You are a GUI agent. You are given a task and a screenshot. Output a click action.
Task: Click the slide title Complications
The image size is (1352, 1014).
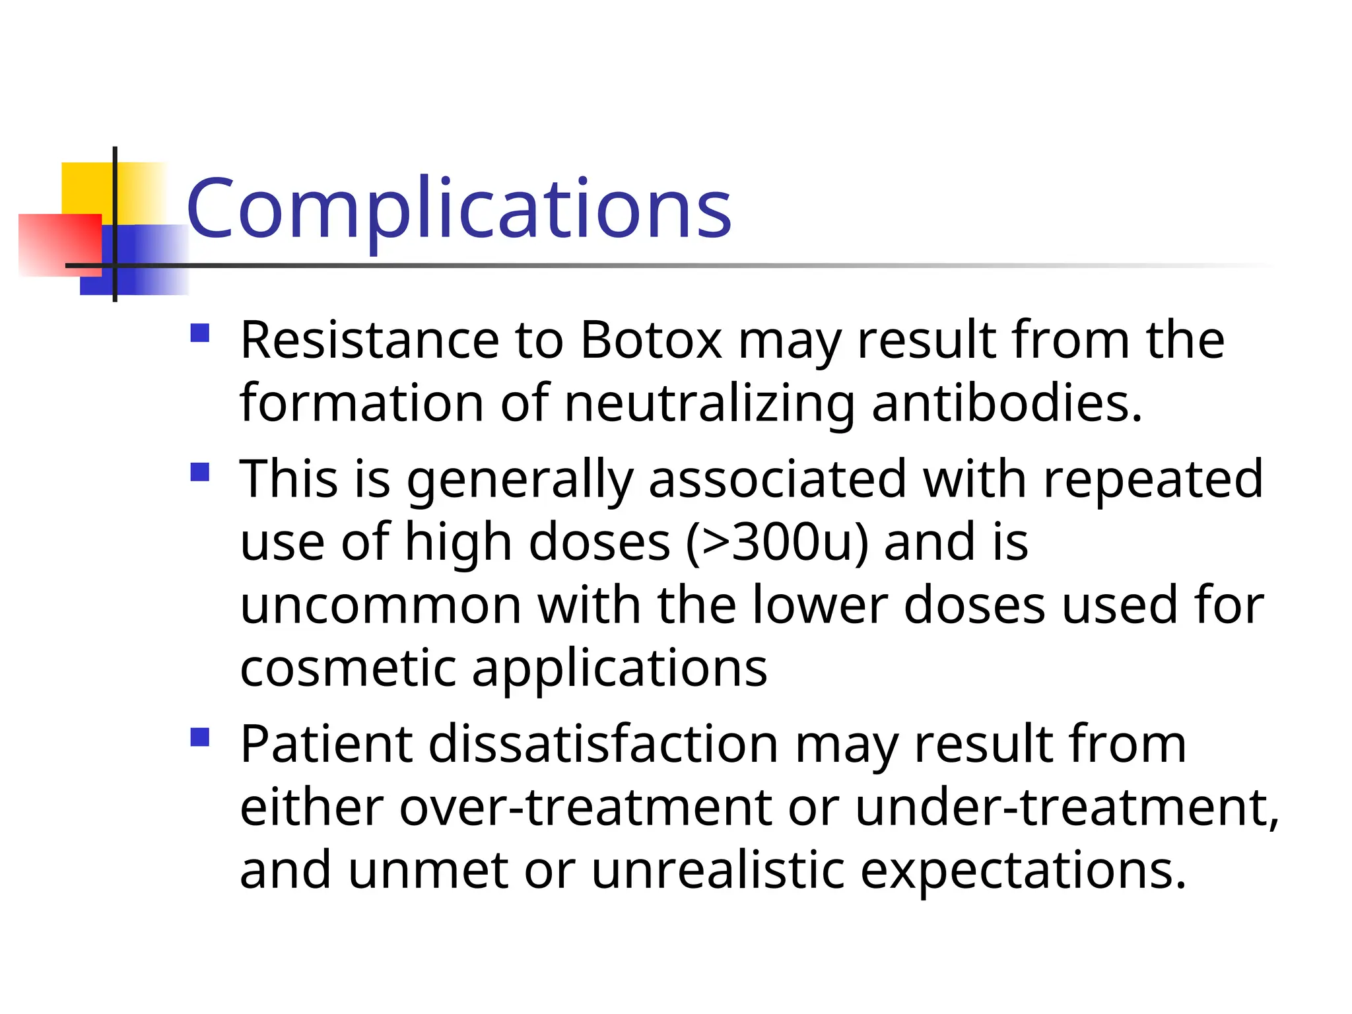(459, 210)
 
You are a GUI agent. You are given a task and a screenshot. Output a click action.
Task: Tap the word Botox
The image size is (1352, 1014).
(651, 341)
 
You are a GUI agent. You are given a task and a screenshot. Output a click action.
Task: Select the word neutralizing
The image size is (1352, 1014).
(710, 403)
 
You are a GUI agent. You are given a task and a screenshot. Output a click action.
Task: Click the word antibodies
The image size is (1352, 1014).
(1007, 403)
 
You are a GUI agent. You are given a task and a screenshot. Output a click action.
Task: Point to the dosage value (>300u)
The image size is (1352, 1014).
(777, 543)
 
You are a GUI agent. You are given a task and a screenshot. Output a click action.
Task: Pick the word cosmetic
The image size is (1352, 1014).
(348, 668)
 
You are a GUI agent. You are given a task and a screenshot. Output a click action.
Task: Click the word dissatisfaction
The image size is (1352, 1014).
(603, 745)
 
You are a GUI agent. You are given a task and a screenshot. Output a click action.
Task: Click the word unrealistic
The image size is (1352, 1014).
(718, 870)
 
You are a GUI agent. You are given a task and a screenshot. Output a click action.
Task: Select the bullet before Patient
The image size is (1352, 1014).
(199, 737)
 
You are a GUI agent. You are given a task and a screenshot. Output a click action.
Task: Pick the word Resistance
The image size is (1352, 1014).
(370, 341)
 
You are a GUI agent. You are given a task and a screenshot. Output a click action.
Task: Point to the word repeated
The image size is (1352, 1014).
(1153, 479)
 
